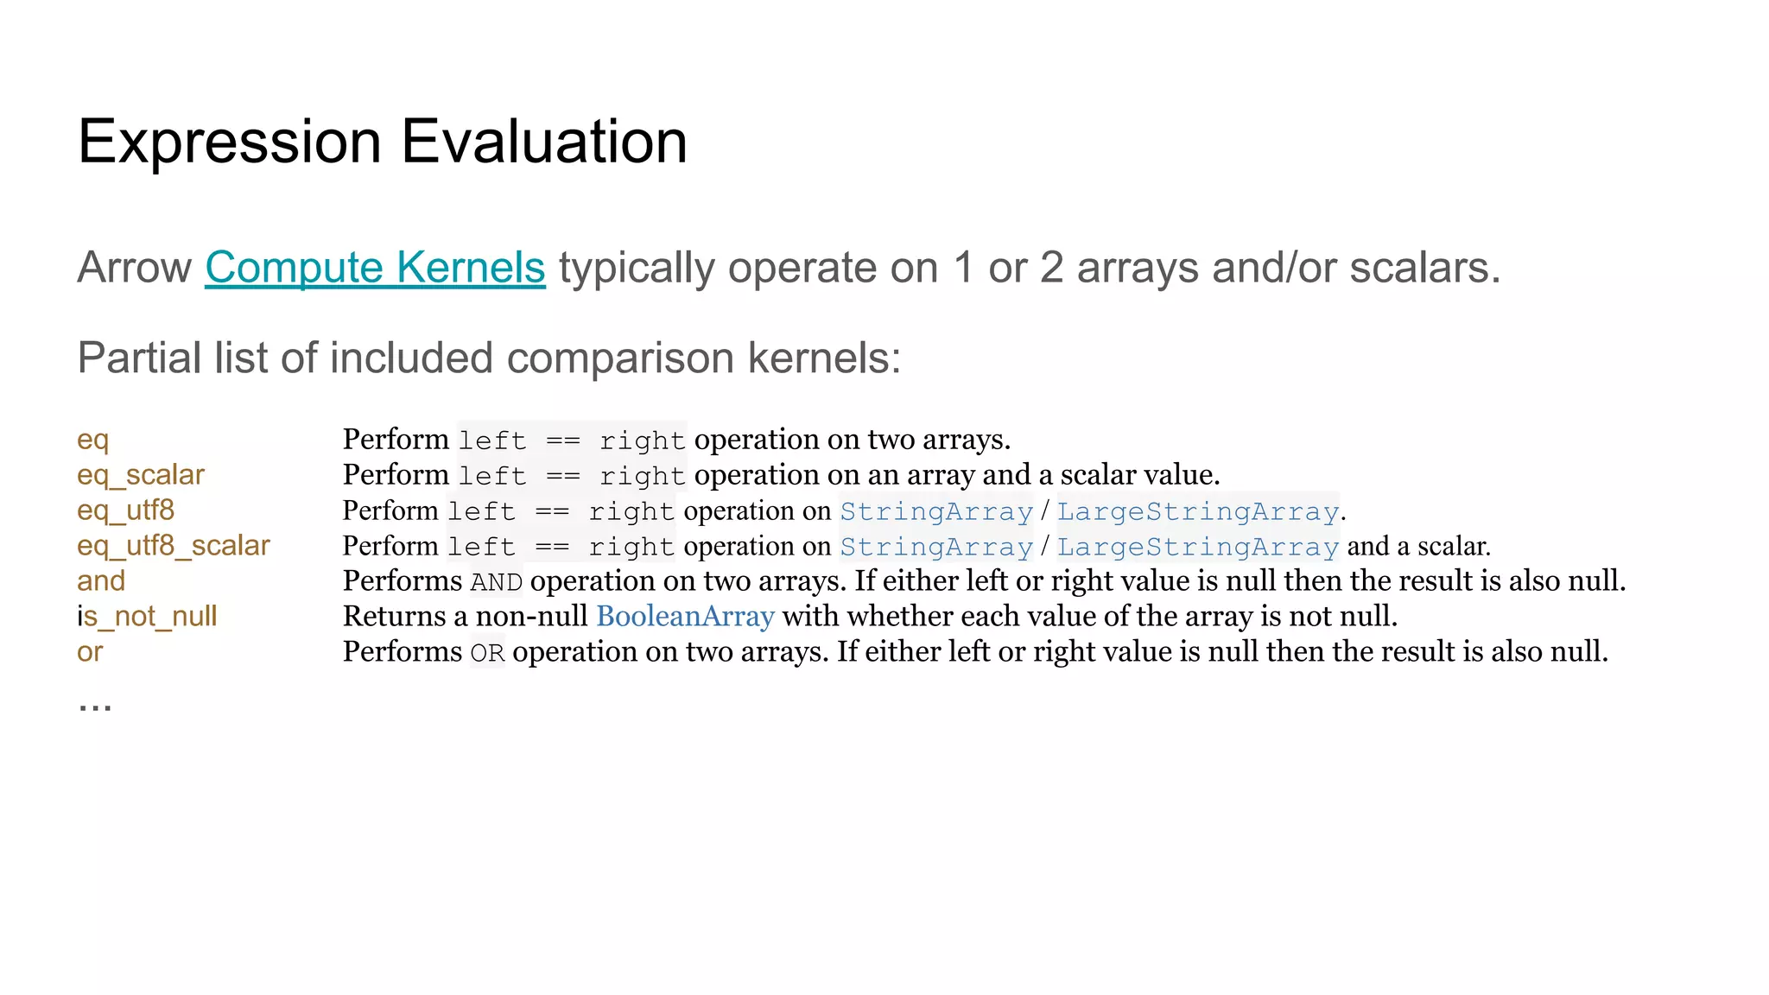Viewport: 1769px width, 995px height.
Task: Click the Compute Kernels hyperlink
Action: [375, 268]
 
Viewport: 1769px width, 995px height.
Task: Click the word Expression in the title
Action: [229, 142]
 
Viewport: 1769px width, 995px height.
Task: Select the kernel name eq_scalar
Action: [141, 475]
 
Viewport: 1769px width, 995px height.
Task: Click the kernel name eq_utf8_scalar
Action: [174, 546]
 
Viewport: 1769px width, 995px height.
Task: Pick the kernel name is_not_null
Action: [147, 617]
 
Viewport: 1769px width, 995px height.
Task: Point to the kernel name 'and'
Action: [101, 581]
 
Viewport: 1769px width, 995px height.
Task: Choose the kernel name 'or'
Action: [90, 652]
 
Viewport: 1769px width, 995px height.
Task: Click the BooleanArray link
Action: [685, 617]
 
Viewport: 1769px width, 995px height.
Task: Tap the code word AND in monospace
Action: [497, 582]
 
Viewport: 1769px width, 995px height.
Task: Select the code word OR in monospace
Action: [487, 653]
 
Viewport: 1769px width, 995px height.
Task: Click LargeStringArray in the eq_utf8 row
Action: [1198, 511]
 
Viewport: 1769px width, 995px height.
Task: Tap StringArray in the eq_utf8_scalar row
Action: [936, 547]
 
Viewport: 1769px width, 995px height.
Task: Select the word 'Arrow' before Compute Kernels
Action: [134, 268]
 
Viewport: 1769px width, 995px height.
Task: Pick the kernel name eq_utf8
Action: [126, 510]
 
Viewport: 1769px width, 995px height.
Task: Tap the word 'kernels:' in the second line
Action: [824, 358]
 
